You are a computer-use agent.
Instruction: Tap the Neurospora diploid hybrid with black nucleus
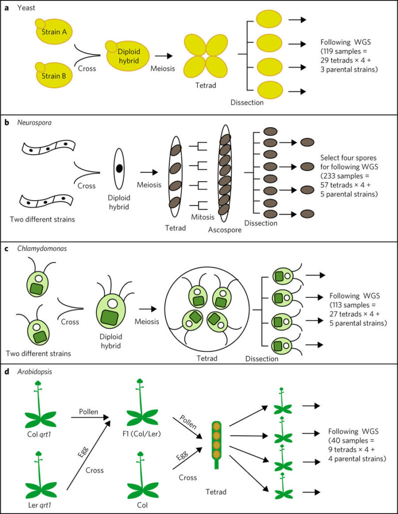click(x=119, y=168)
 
